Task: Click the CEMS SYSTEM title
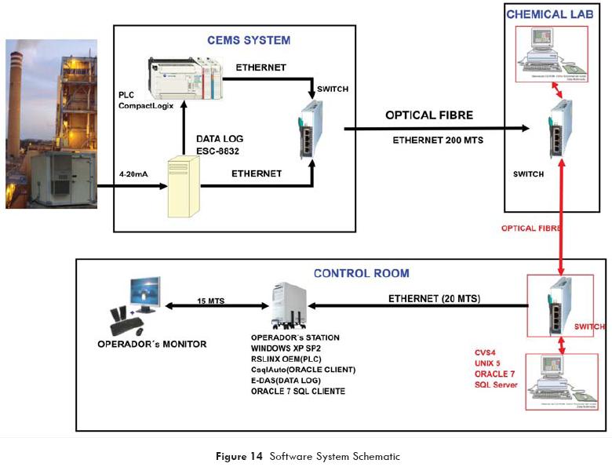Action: point(248,40)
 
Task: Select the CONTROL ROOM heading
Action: point(362,273)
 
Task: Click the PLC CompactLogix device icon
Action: point(187,76)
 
